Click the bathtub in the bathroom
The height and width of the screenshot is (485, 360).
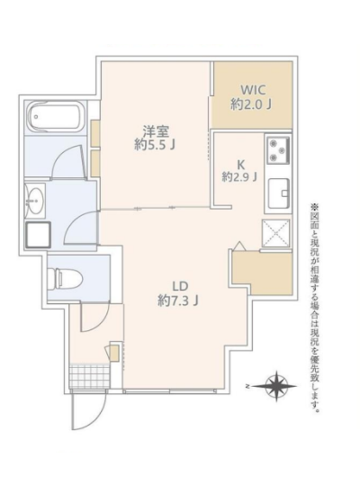56,118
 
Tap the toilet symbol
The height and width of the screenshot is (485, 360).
66,277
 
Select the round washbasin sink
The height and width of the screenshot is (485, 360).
35,201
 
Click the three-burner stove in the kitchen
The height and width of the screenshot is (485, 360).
278,150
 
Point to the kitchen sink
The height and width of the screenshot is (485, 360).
279,193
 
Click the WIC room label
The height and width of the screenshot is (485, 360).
253,90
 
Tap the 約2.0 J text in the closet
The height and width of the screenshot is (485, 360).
251,104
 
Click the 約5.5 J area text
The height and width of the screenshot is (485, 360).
155,145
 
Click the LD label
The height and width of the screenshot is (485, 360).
180,286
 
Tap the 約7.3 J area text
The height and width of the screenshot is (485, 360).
178,300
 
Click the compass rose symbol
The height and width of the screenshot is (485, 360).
276,386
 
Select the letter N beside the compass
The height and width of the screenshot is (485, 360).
247,386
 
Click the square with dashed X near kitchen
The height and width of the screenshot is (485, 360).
276,233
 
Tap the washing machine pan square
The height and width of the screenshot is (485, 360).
39,234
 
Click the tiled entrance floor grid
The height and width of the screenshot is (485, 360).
90,376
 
